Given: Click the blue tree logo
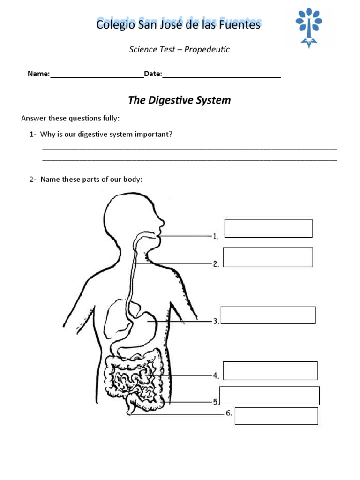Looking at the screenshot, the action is (309, 27).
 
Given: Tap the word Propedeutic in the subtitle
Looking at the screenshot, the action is (207, 50).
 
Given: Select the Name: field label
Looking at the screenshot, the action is (38, 74).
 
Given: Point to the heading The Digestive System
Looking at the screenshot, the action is (180, 100).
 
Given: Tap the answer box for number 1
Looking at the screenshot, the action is (269, 228).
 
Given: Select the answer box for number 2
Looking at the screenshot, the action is (268, 257).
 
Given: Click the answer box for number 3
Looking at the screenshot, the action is (268, 315).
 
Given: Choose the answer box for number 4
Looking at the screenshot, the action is (270, 370).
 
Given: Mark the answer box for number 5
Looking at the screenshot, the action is (270, 396).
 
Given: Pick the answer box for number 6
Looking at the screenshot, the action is (276, 416).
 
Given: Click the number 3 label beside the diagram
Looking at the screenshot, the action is (216, 322).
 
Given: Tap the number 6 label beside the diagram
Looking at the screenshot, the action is (229, 413).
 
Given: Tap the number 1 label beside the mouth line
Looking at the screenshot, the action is (215, 237).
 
